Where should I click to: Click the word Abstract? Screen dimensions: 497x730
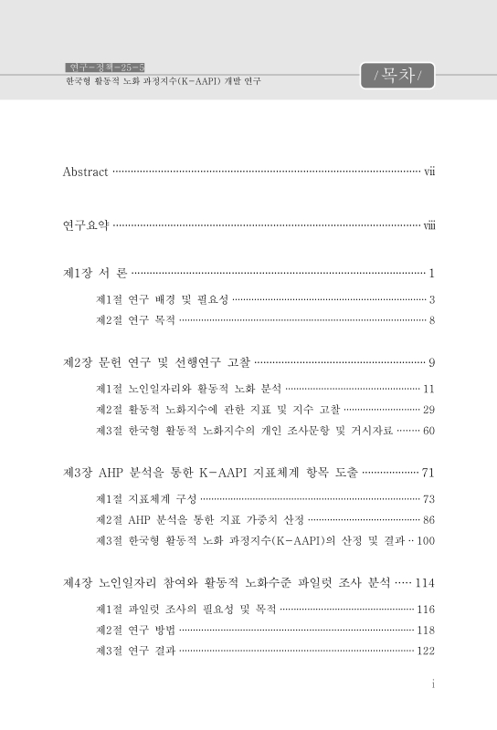click(x=85, y=172)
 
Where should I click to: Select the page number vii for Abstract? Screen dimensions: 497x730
click(x=428, y=172)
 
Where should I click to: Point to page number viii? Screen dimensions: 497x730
click(x=428, y=225)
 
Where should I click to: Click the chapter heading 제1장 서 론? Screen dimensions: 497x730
click(x=95, y=273)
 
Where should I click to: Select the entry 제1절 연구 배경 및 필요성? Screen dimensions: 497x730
click(x=163, y=298)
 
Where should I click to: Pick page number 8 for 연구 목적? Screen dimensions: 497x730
click(x=431, y=320)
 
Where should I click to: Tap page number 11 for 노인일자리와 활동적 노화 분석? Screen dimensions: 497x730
click(x=428, y=389)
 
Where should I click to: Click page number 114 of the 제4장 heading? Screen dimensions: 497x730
click(x=424, y=582)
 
